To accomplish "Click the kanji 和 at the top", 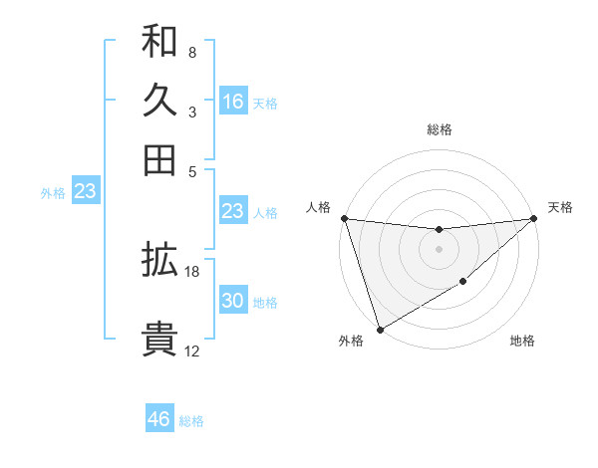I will (x=159, y=42).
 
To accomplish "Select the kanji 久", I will (x=159, y=101).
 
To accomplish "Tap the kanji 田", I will (x=159, y=159).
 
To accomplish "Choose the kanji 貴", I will (x=159, y=339).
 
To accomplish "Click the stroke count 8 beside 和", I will (x=192, y=52).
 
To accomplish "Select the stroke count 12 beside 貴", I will (x=192, y=351).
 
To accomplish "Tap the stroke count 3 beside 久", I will (x=192, y=112).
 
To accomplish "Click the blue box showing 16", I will (x=233, y=102).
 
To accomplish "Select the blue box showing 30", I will (x=233, y=302).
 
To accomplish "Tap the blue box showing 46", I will (x=159, y=419).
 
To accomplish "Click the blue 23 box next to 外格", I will (x=85, y=191).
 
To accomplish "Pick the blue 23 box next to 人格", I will (x=233, y=211).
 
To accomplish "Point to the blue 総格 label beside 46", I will (x=191, y=421).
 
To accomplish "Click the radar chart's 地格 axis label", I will (x=522, y=342).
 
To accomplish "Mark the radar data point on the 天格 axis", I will (x=534, y=219).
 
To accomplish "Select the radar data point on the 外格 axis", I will (x=380, y=330).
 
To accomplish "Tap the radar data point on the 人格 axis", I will (x=344, y=218).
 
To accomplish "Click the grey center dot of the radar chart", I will (x=439, y=249).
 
